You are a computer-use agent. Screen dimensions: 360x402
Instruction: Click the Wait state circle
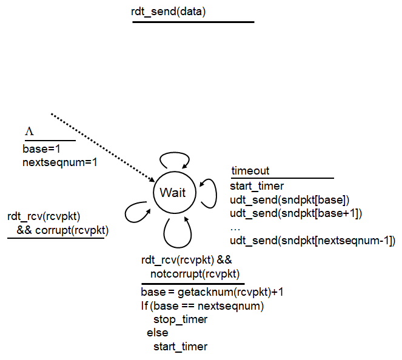[173, 193]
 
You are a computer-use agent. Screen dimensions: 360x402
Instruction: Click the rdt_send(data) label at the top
[168, 10]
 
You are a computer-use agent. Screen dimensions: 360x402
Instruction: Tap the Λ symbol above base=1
[29, 131]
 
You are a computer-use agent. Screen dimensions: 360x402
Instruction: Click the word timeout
[250, 171]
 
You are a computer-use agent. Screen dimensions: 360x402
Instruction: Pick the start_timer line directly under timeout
[257, 186]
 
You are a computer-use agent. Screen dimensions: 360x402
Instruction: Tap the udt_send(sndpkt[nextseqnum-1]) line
[312, 241]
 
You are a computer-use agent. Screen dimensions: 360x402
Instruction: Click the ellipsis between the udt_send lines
[235, 227]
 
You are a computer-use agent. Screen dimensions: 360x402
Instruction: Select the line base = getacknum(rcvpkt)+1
[212, 292]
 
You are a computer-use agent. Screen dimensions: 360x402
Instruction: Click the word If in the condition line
[144, 305]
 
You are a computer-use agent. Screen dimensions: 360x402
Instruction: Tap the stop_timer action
[180, 319]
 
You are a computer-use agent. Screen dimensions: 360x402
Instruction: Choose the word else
[157, 333]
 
